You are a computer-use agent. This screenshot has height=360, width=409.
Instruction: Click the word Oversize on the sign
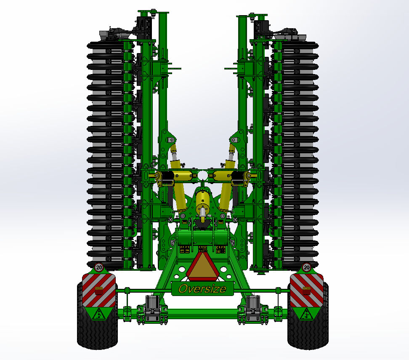(x=202, y=289)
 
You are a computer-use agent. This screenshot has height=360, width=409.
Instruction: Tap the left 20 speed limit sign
(x=99, y=267)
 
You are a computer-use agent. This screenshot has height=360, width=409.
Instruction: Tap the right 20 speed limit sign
(x=306, y=267)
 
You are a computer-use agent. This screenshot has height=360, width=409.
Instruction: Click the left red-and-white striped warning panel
(x=99, y=290)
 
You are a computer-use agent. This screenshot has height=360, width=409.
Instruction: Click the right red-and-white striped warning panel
(x=306, y=290)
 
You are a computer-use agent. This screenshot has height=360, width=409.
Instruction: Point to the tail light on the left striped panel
(x=99, y=290)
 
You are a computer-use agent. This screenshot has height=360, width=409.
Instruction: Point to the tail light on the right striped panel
(x=306, y=290)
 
